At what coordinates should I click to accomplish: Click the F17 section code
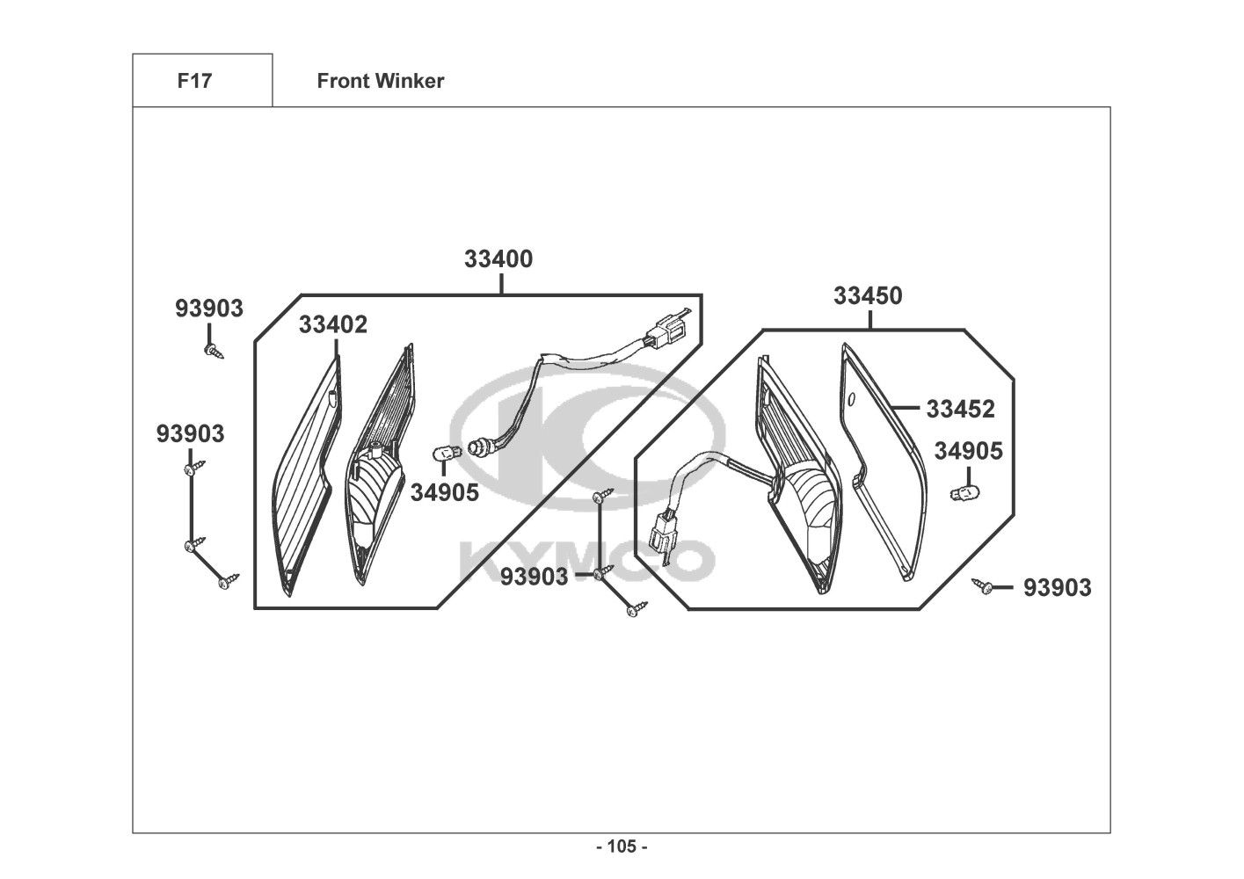point(194,81)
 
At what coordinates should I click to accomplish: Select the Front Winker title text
point(381,81)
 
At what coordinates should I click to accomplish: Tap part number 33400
point(498,258)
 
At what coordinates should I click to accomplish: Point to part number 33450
point(868,295)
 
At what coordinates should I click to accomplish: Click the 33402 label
point(333,324)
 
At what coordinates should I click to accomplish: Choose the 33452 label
point(960,410)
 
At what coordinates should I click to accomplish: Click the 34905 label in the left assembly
point(444,493)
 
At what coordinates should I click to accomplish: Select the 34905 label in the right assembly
point(969,451)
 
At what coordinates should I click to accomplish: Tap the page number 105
point(622,846)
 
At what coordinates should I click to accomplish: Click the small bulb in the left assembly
point(447,453)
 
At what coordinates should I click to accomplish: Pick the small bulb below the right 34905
point(964,492)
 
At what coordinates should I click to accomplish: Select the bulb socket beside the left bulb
point(480,447)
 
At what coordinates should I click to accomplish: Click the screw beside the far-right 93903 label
point(982,585)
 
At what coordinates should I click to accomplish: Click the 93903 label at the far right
point(1058,587)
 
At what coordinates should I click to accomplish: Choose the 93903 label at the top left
point(209,309)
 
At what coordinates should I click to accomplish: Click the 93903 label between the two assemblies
point(535,577)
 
